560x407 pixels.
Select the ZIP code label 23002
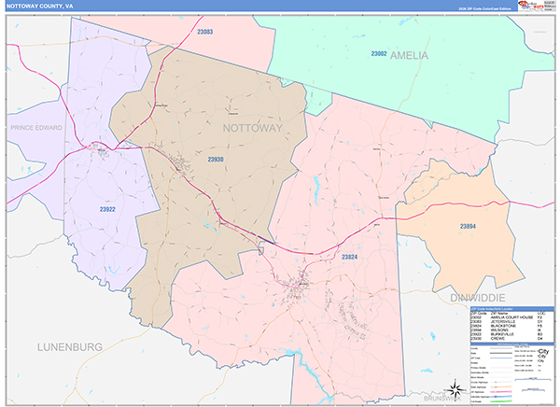pos(379,54)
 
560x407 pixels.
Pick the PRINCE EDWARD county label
pos(36,127)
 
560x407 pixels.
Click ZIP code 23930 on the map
pos(216,160)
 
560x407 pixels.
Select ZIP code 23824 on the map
pos(350,256)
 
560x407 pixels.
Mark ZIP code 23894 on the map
pos(468,226)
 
